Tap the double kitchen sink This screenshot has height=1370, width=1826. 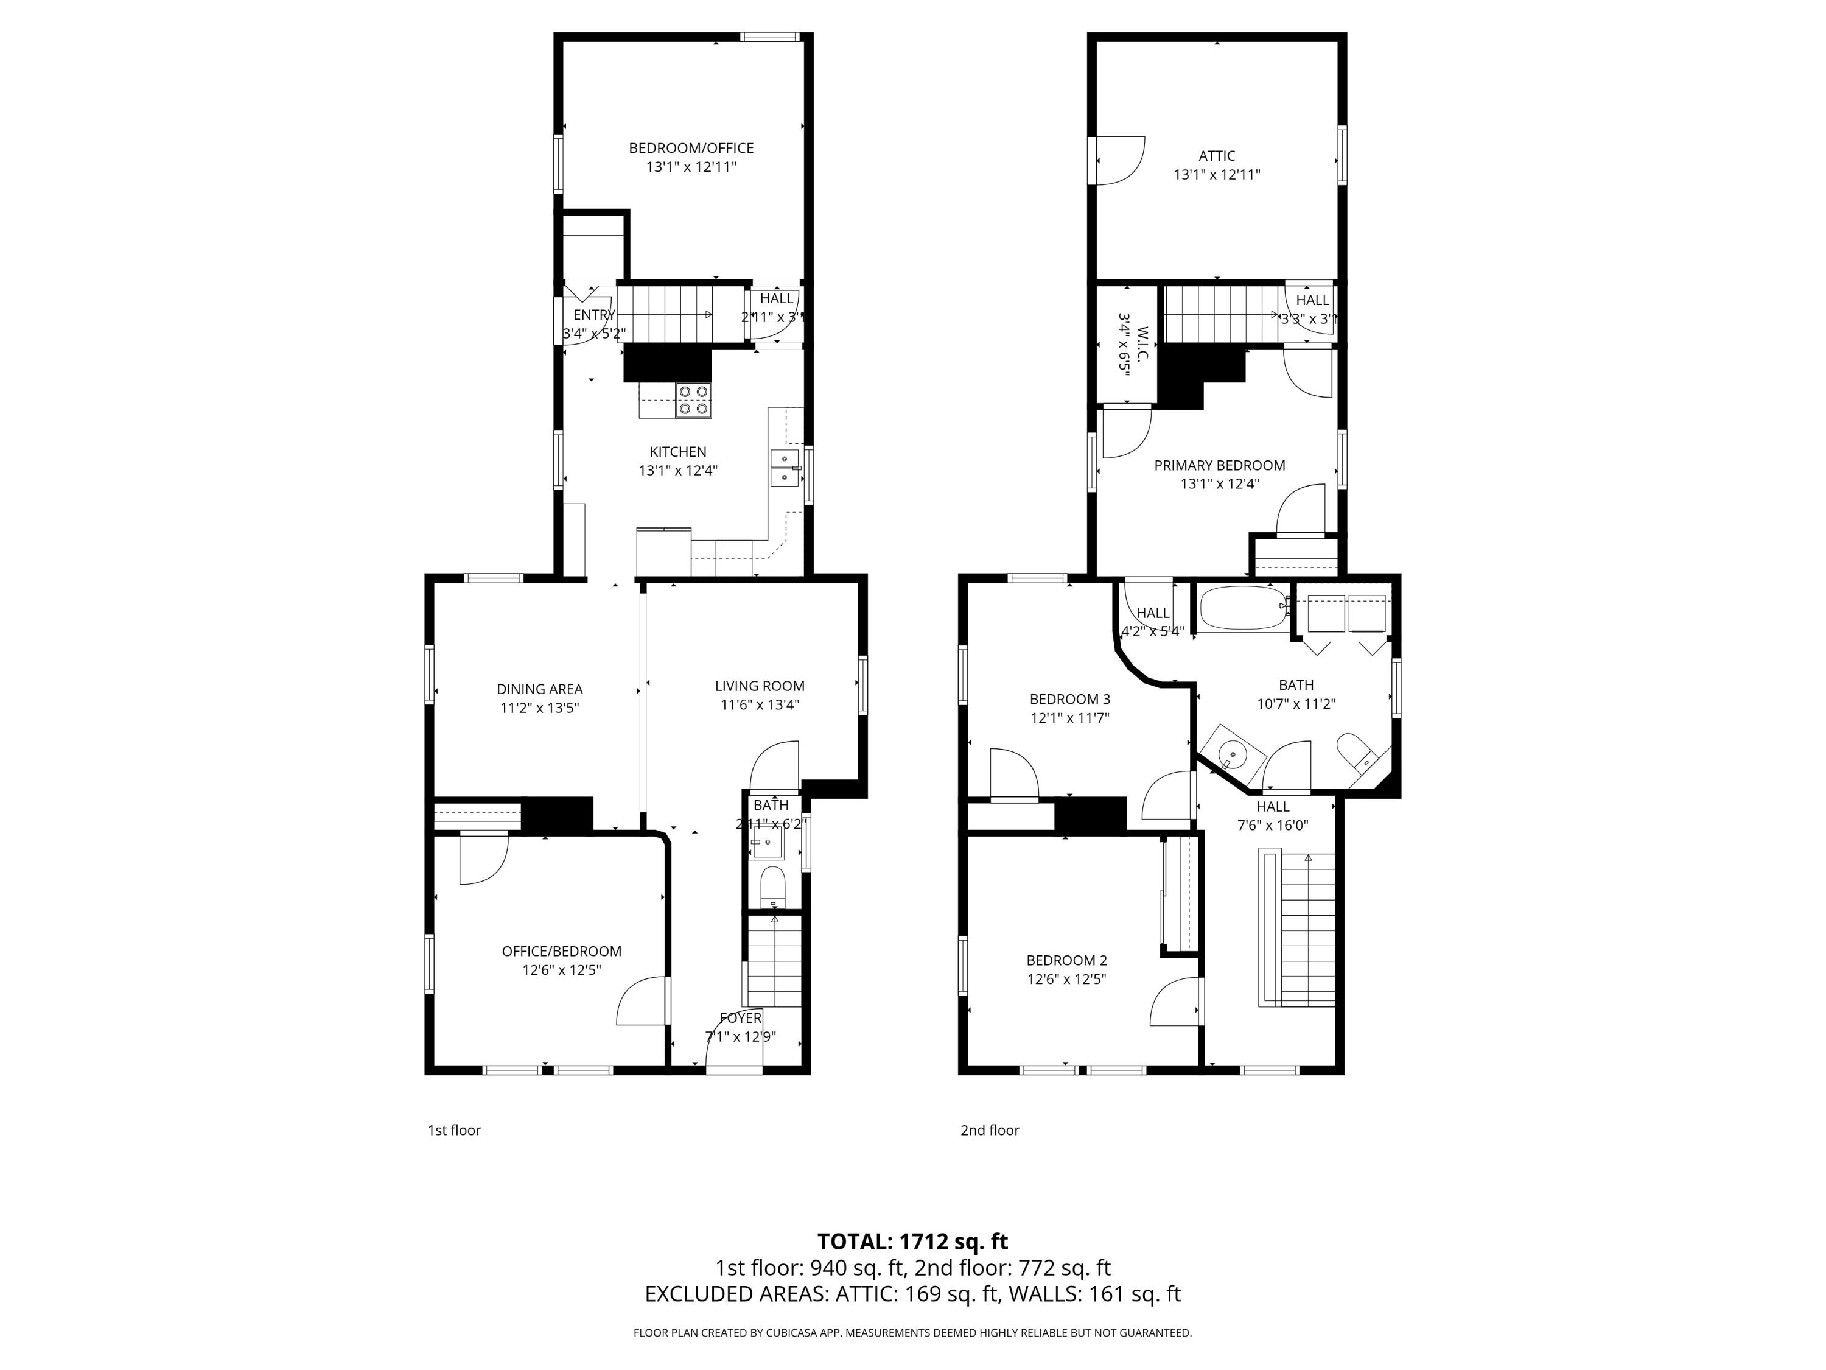[785, 468]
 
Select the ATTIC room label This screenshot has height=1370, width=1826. [1217, 155]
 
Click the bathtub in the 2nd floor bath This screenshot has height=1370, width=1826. [1242, 609]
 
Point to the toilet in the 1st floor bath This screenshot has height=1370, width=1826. [772, 885]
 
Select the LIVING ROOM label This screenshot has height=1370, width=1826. [760, 686]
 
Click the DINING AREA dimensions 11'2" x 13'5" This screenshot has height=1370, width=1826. [540, 708]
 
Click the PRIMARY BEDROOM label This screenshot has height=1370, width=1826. [1219, 465]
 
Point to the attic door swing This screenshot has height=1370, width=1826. [1119, 160]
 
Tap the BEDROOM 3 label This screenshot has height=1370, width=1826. [1070, 698]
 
